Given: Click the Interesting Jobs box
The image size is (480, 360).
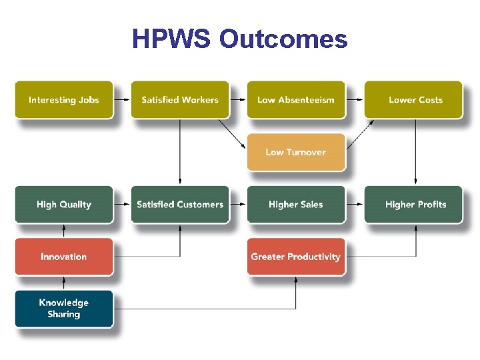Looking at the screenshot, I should point(64,100).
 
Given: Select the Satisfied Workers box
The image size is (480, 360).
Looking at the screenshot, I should point(180,100).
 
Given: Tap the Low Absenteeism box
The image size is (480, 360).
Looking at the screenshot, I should point(296,100).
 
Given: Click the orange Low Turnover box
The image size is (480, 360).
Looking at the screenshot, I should point(296,152).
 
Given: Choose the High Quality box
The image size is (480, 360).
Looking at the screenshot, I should point(64,204).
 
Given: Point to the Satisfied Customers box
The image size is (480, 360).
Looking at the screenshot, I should point(180,204).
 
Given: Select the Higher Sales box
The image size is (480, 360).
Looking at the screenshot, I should point(296,204).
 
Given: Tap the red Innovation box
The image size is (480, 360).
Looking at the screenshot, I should point(64,257).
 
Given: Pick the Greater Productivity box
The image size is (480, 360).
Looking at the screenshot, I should point(296,257).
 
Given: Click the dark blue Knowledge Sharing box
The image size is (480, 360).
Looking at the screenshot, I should point(64,308).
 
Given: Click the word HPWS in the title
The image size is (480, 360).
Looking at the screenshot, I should point(172,39).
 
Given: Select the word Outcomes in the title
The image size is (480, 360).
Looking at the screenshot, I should point(283,39).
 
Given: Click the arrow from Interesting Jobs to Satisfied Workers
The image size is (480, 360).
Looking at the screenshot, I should point(122,100).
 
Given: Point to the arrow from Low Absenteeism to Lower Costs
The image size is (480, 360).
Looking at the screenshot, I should point(354,100).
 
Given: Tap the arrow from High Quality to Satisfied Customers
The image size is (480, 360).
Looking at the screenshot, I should point(122,204).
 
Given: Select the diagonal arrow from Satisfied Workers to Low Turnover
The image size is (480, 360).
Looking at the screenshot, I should point(233,134).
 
